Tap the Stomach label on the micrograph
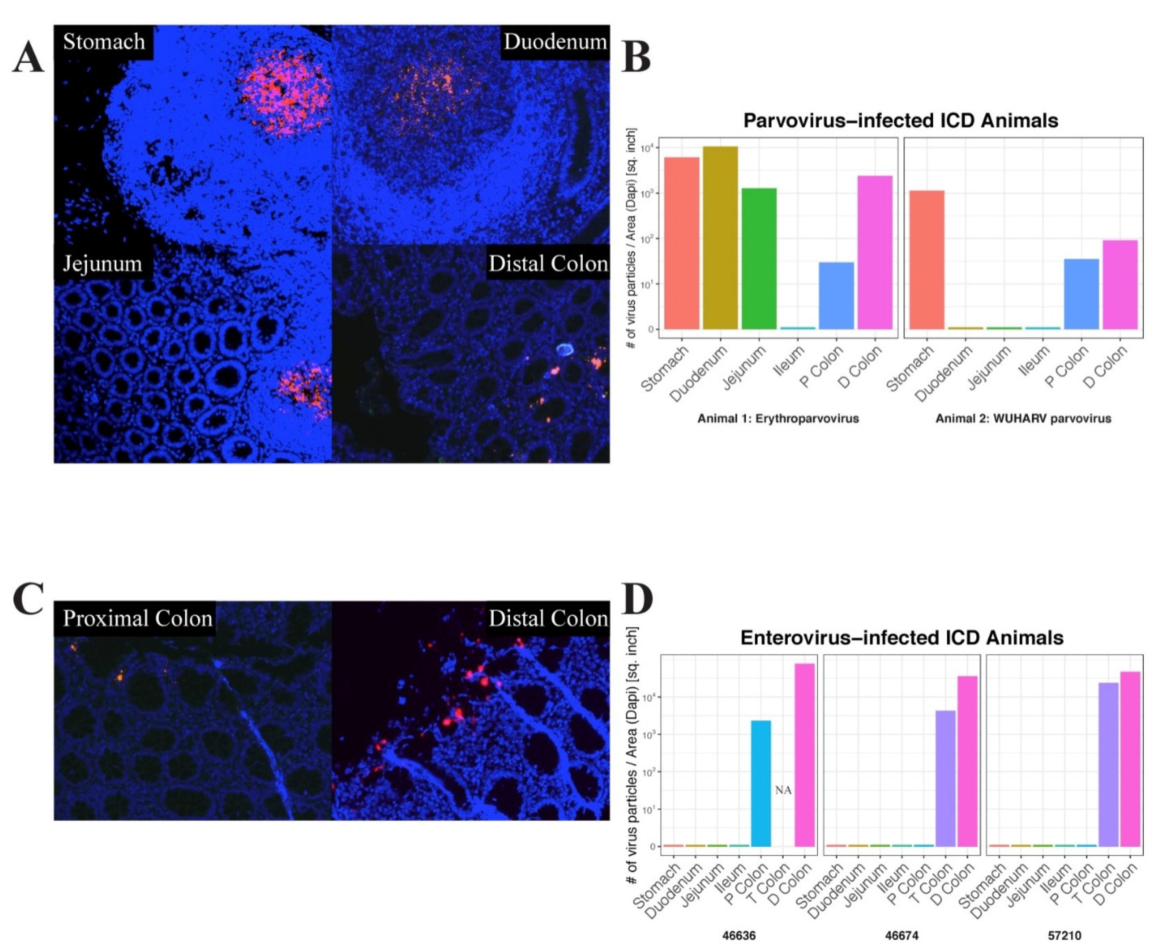point(104,42)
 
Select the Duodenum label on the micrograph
point(555,42)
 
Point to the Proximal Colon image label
point(137,618)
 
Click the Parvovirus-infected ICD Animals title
point(900,120)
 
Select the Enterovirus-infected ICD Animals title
point(901,637)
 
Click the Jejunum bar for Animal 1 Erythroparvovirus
point(759,258)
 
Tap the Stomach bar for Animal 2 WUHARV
point(927,260)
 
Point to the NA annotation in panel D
point(783,790)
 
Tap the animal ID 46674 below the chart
point(901,935)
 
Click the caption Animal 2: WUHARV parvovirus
point(1022,418)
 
